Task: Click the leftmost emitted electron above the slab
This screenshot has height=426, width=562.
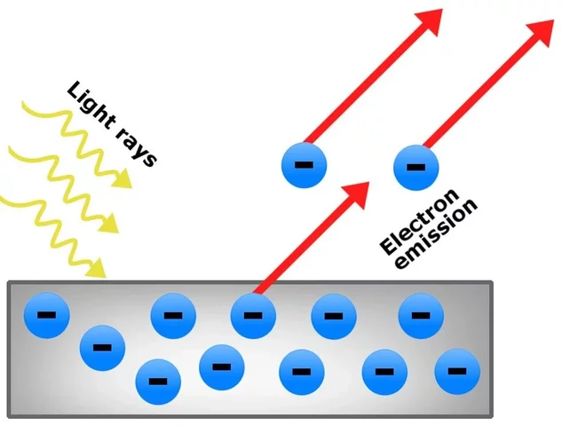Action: coord(304,165)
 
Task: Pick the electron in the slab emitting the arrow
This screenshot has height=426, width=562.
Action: coord(253,314)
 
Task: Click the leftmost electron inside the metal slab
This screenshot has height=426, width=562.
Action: coord(44,313)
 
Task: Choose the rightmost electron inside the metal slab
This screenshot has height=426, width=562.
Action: coord(457,370)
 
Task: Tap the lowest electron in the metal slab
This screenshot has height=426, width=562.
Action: coord(157,382)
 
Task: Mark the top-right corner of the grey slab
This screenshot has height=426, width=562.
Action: coord(490,283)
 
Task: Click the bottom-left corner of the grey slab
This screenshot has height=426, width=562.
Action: coord(10,414)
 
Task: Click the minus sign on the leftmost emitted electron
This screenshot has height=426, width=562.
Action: coord(304,166)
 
